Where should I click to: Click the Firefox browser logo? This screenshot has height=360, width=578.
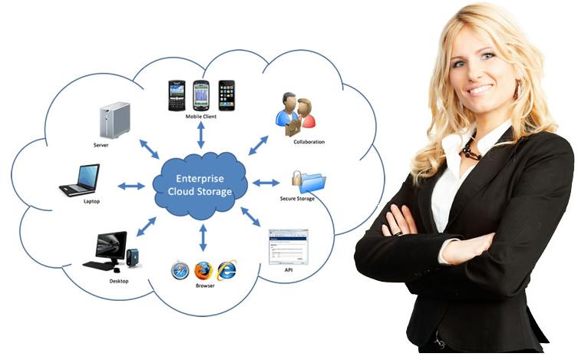(x=203, y=270)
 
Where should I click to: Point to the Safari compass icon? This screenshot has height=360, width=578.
(x=180, y=270)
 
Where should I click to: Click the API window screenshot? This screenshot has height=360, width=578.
(x=288, y=246)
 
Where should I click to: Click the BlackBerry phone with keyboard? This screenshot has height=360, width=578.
(x=177, y=95)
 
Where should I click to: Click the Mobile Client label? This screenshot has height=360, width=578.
(x=201, y=117)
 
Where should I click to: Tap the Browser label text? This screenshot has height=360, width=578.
(x=204, y=286)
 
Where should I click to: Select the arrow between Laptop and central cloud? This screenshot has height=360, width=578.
(x=131, y=185)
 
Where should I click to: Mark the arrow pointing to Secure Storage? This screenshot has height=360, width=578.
(x=266, y=183)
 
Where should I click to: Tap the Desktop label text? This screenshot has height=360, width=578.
(x=119, y=281)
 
